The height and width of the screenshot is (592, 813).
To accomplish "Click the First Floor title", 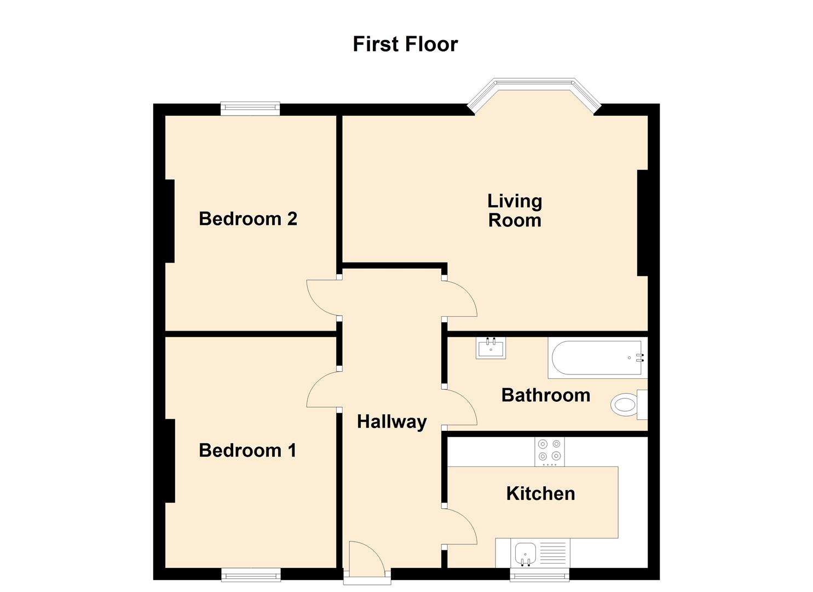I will pyautogui.click(x=405, y=44).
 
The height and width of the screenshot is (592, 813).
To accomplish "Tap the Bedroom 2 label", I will pyautogui.click(x=247, y=219).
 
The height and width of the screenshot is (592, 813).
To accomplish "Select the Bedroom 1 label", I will pyautogui.click(x=247, y=450).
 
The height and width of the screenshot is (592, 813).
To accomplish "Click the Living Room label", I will pyautogui.click(x=515, y=210).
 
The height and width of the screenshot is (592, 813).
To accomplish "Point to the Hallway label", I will pyautogui.click(x=391, y=422).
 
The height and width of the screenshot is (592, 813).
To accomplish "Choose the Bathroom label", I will pyautogui.click(x=545, y=395).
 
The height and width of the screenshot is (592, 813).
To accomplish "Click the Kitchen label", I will pyautogui.click(x=540, y=493).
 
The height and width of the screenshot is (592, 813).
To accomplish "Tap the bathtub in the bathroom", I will pyautogui.click(x=597, y=358).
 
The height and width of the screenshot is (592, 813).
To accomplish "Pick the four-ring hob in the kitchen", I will pyautogui.click(x=549, y=451).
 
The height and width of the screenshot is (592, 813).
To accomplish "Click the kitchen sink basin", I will pyautogui.click(x=525, y=553).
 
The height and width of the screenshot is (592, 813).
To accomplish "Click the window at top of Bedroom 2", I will pyautogui.click(x=250, y=109).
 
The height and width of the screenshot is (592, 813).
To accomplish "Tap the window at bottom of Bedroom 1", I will pyautogui.click(x=251, y=574).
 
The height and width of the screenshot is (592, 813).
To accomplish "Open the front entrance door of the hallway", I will pyautogui.click(x=367, y=556).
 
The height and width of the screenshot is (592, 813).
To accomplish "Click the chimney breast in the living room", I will pyautogui.click(x=643, y=223).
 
